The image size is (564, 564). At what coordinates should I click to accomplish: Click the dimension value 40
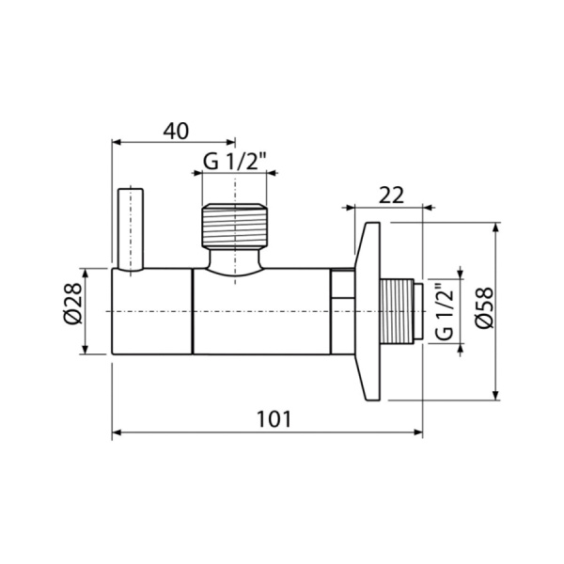coord(176,131)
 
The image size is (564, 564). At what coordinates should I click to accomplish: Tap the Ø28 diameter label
coord(72,311)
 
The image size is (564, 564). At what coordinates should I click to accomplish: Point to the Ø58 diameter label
coord(483,311)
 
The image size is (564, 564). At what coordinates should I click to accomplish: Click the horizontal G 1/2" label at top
coord(236,162)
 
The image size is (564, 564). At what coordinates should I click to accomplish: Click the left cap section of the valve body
coord(152,311)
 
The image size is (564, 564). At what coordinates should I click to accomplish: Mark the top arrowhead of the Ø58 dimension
coord(496,227)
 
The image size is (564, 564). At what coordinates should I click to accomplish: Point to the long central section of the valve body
coord(263,311)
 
